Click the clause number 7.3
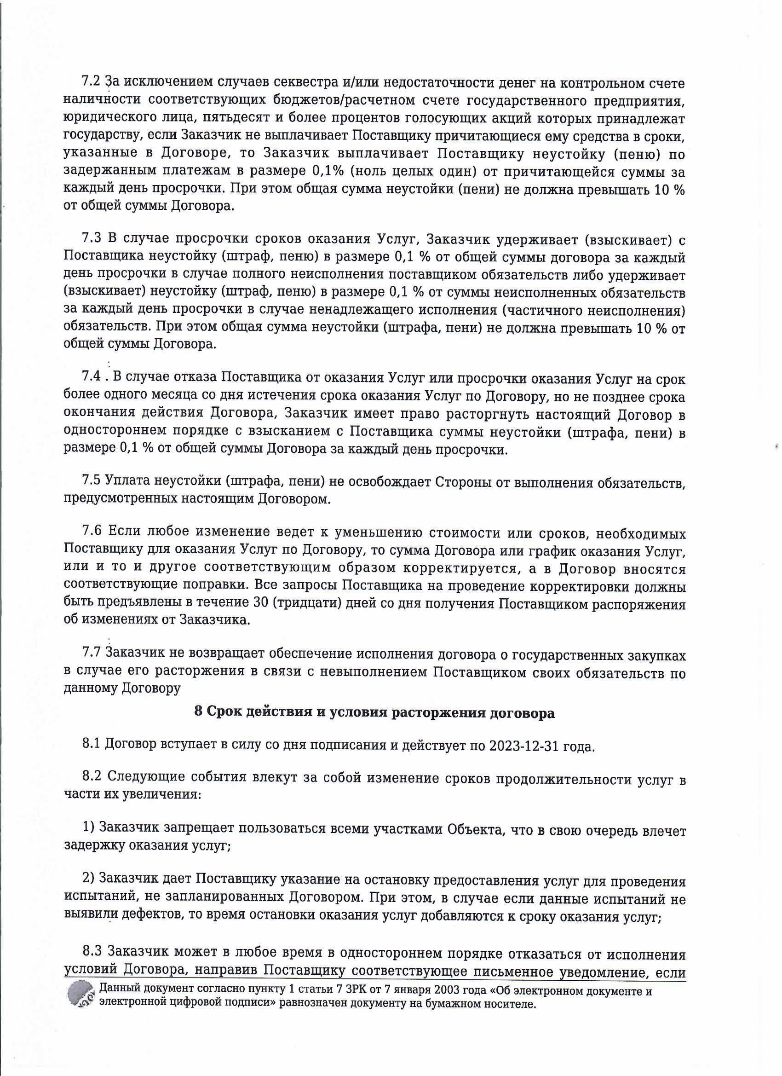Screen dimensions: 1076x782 coord(91,239)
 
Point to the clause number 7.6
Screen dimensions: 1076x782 coord(91,533)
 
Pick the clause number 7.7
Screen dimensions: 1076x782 coord(91,653)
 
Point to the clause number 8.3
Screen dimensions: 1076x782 coord(91,951)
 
